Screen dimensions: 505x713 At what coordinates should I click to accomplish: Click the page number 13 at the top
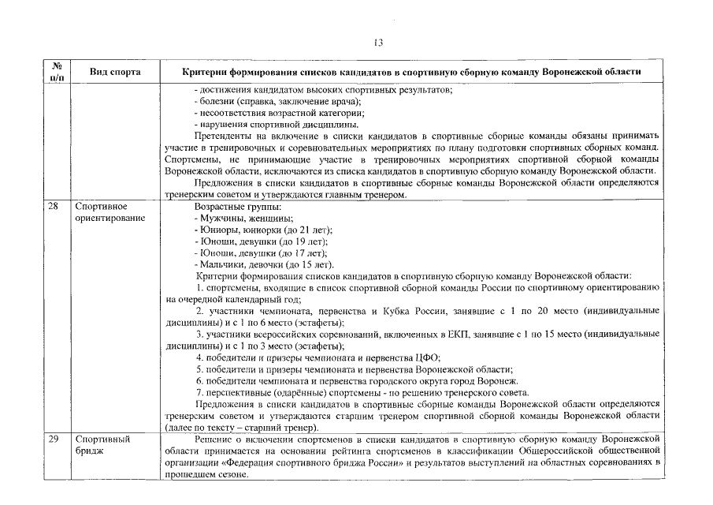coord(377,43)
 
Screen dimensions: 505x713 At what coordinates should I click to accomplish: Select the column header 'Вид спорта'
coord(115,72)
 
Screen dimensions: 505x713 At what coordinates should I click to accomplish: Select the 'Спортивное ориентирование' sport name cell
coord(110,212)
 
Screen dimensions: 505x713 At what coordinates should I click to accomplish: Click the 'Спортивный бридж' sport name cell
coord(102,444)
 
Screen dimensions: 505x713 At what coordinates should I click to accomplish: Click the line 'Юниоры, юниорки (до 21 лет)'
coord(262,230)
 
